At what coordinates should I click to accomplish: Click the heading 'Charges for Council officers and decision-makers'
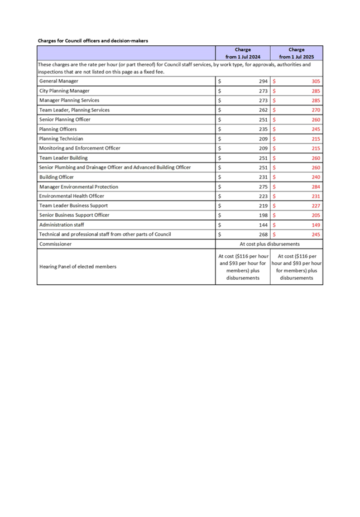pos(93,40)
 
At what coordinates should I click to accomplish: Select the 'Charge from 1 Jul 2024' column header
pos(243,53)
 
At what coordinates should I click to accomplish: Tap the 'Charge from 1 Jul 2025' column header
pos(296,53)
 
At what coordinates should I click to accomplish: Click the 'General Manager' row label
pos(59,81)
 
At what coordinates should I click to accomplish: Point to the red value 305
pos(316,81)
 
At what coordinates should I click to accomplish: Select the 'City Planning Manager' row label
pos(64,90)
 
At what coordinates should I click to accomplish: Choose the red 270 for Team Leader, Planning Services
pos(316,110)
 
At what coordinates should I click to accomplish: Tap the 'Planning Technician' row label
pos(61,138)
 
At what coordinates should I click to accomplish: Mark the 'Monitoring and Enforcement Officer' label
pos(80,148)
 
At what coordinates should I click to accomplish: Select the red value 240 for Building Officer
pos(316,177)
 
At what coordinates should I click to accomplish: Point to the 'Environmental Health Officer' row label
pos(71,196)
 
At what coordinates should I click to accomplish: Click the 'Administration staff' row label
pos(61,224)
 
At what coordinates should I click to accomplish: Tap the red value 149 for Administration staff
pos(316,224)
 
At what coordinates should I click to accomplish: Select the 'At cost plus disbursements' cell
pos(269,244)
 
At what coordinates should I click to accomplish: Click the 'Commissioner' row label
pos(55,244)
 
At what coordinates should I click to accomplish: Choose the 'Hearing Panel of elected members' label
pos(78,266)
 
